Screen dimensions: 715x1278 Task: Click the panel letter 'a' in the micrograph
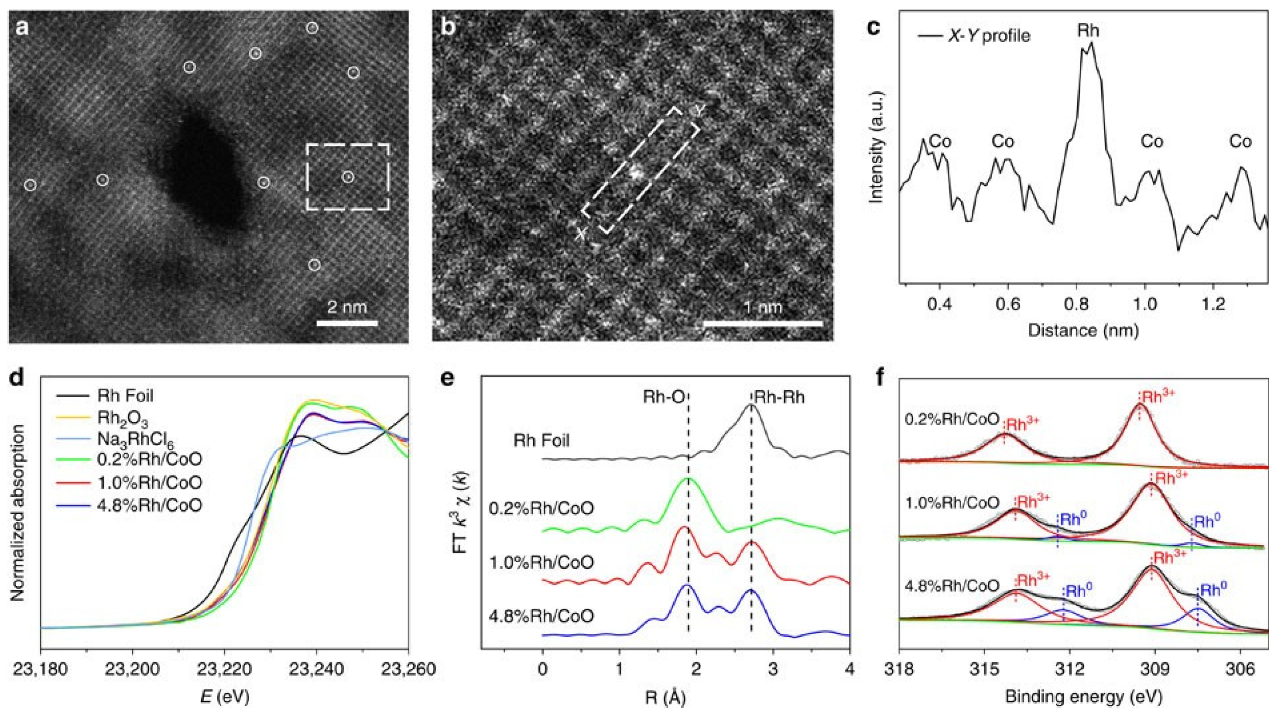click(22, 28)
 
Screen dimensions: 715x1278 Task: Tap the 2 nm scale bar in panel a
click(347, 323)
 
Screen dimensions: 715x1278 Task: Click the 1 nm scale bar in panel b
click(763, 323)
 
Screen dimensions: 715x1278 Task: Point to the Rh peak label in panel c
click(1088, 31)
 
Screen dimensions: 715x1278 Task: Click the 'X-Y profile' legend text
click(989, 36)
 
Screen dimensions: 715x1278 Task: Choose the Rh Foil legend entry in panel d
click(125, 395)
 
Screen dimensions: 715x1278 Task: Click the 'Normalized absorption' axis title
click(18, 512)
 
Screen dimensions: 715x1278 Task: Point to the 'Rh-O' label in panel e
click(663, 397)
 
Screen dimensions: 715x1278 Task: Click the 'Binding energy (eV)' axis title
click(1083, 697)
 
